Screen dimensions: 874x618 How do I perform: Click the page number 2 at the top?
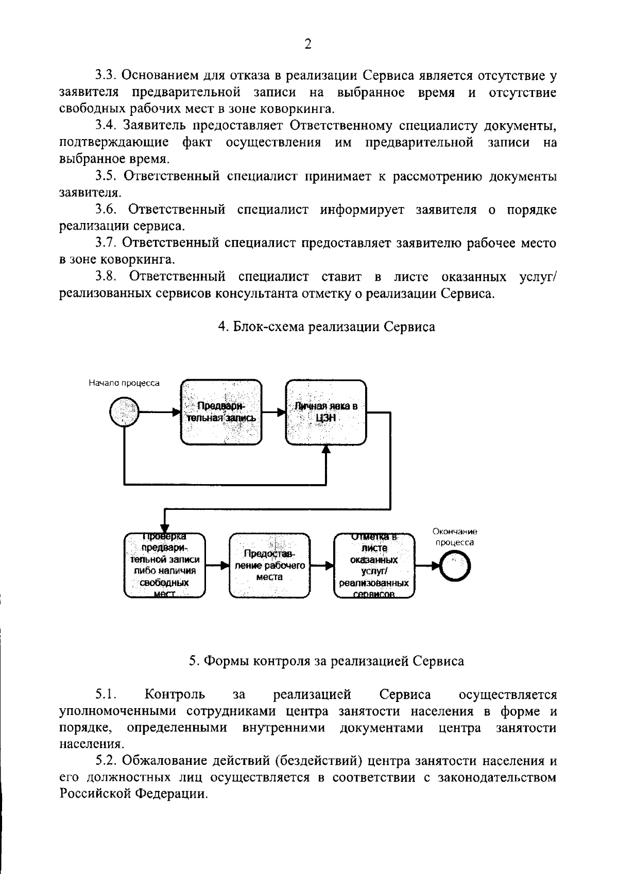click(x=308, y=44)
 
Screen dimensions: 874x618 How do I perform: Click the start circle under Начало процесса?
click(x=124, y=412)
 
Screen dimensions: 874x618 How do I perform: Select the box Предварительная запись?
click(x=221, y=412)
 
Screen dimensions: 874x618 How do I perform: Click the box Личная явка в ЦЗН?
click(x=326, y=412)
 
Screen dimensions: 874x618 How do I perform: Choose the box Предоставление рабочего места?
click(x=270, y=565)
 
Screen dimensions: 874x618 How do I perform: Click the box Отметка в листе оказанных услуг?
click(x=374, y=565)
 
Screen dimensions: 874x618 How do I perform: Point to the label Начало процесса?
click(x=124, y=383)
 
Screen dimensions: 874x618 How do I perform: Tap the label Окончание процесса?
click(x=455, y=537)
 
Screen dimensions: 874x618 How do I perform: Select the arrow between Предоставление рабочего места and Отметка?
click(x=322, y=565)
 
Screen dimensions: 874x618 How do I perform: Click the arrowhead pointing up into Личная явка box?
click(x=326, y=449)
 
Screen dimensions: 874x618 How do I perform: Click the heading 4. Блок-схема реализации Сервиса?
click(x=327, y=327)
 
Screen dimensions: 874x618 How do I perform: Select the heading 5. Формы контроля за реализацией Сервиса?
click(x=327, y=661)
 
